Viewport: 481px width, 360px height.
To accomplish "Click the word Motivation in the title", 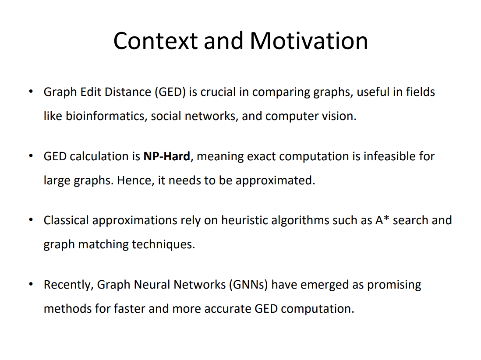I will [309, 41].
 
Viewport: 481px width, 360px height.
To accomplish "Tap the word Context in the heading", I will [156, 41].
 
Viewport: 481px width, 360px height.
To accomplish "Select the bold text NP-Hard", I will [166, 156].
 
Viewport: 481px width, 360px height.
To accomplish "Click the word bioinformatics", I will [105, 116].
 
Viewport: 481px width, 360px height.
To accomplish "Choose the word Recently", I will [68, 285].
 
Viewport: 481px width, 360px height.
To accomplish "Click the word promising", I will [394, 285].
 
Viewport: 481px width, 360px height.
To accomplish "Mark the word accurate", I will [228, 308].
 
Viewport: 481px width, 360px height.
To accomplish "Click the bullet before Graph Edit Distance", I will [31, 92].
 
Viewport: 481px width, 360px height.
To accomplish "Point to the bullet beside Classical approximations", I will [31, 220].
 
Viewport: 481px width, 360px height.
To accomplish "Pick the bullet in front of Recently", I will [31, 285].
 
